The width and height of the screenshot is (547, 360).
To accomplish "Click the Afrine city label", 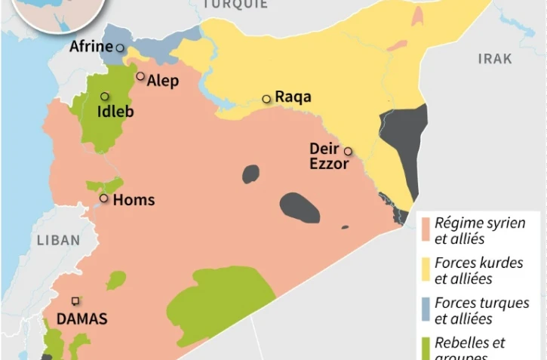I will (x=91, y=47).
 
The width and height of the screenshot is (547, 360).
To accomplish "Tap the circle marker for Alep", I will (x=140, y=76).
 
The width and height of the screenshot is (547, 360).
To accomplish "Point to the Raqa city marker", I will (x=266, y=99).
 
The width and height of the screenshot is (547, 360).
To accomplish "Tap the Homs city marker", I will (x=104, y=198).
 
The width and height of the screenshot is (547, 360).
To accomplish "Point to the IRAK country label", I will (x=494, y=59).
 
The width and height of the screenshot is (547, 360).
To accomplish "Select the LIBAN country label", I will (x=57, y=240).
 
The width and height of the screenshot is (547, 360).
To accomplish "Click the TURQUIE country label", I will (x=234, y=5).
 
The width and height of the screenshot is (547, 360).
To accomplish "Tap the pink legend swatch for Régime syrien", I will (x=426, y=224).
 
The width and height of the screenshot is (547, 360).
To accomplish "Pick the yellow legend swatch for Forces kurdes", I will (x=426, y=264).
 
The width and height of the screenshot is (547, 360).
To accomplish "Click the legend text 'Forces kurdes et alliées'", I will (x=478, y=271).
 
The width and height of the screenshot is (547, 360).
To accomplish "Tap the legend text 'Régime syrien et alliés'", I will (x=479, y=231).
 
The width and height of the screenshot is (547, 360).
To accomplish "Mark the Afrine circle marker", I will (x=119, y=48).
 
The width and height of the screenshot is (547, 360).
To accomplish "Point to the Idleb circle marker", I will (x=105, y=97).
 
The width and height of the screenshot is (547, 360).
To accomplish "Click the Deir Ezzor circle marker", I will (x=348, y=151).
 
